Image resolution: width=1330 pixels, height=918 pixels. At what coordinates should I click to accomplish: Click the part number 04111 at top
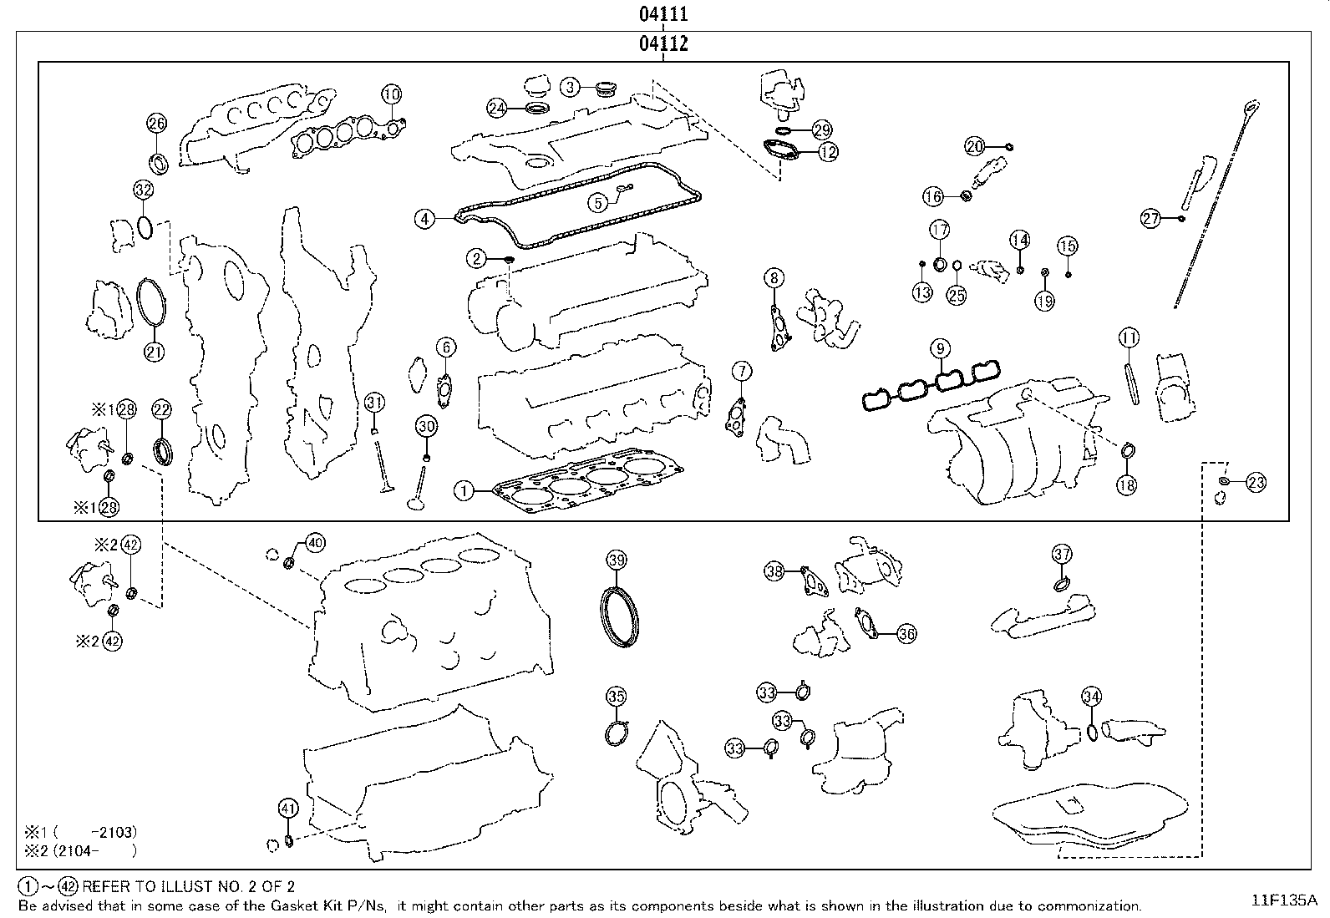click(x=663, y=13)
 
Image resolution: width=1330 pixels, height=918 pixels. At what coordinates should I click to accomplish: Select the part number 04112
click(x=663, y=43)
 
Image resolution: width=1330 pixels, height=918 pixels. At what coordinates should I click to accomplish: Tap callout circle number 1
click(x=464, y=490)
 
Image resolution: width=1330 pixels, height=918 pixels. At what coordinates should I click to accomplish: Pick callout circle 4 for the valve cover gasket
click(x=425, y=219)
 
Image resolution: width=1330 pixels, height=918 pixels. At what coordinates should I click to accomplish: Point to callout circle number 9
click(x=940, y=347)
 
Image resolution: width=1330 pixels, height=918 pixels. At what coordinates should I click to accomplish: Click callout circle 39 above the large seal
click(x=617, y=560)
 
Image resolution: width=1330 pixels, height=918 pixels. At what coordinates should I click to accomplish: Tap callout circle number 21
click(x=155, y=352)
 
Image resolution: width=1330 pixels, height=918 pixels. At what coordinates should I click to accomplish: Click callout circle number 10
click(x=392, y=94)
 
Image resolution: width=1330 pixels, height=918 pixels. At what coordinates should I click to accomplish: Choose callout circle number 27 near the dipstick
click(x=1151, y=219)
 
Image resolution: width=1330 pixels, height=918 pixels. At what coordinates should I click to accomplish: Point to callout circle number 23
click(x=1256, y=482)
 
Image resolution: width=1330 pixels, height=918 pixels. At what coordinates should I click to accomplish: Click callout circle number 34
click(x=1091, y=696)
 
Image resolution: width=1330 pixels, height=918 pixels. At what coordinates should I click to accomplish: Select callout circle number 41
click(x=288, y=808)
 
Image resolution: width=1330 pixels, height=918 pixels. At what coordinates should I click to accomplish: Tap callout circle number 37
click(x=1062, y=554)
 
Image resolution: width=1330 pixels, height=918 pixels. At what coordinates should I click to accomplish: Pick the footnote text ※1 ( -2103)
click(x=79, y=832)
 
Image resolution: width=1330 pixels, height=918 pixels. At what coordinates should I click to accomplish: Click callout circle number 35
click(x=616, y=696)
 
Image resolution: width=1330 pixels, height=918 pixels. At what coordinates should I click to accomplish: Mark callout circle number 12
click(x=827, y=152)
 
